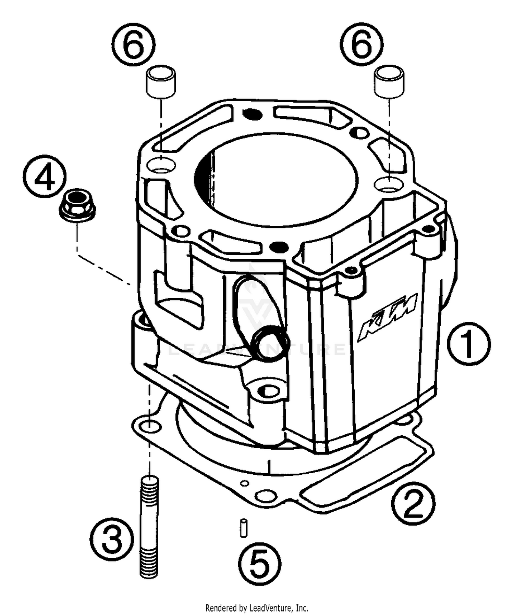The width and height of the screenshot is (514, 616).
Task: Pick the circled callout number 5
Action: tap(259, 564)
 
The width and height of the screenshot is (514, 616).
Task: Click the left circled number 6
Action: tap(133, 44)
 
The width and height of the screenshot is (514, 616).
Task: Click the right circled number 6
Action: tap(362, 44)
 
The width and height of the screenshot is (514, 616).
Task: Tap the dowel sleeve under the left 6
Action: tap(161, 81)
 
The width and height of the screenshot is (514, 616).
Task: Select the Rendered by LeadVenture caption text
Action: tap(257, 608)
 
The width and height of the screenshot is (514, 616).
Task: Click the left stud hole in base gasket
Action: tap(150, 427)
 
